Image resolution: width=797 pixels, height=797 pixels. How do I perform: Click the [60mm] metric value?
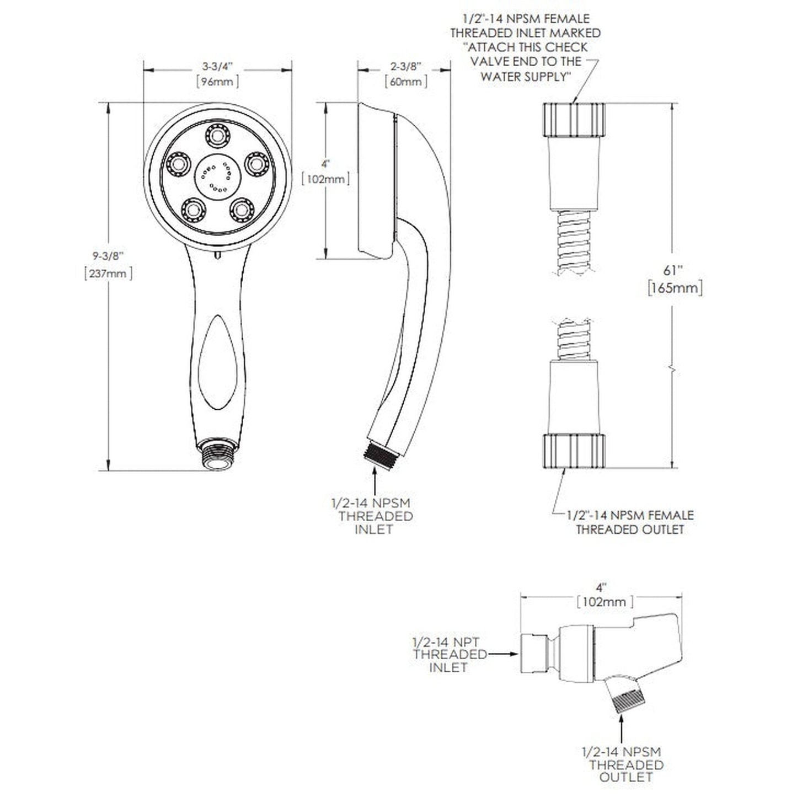click(406, 82)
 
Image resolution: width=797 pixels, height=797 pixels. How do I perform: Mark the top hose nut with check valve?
click(574, 120)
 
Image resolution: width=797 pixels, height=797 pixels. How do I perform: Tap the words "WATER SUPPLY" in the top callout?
click(524, 77)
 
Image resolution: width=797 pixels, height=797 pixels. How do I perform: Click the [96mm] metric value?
click(217, 82)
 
